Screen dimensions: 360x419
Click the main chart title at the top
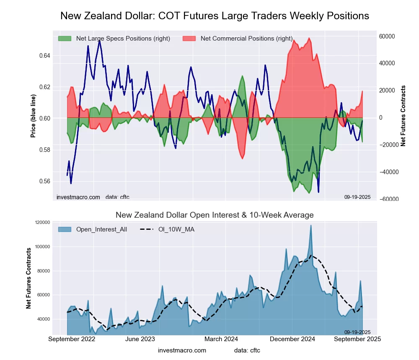point(215,16)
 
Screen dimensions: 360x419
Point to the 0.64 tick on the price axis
point(45,56)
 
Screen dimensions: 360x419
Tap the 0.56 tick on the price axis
point(45,181)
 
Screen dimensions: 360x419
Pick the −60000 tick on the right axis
point(388,199)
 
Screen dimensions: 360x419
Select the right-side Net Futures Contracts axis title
point(403,116)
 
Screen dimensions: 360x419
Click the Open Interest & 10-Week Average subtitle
point(215,215)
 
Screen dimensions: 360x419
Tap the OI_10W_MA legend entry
point(176,229)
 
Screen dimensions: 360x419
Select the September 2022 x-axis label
point(72,339)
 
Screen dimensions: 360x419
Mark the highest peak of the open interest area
point(311,225)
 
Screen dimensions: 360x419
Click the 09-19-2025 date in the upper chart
point(357,197)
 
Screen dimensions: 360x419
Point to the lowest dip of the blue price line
point(318,192)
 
